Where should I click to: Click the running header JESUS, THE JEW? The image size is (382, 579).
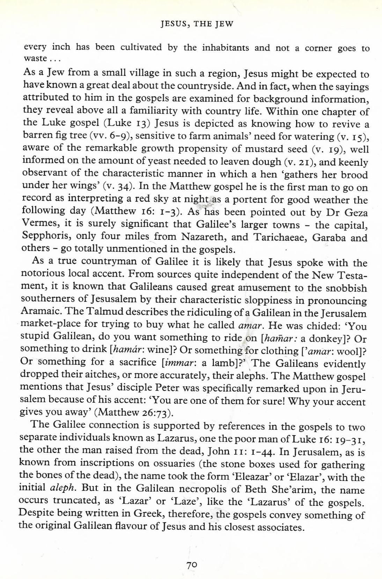point(197,24)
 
